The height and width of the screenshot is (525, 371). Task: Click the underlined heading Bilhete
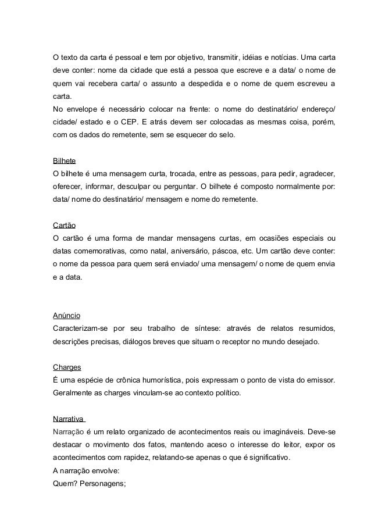pos(65,160)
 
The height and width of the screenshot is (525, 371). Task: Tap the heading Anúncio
pos(66,316)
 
